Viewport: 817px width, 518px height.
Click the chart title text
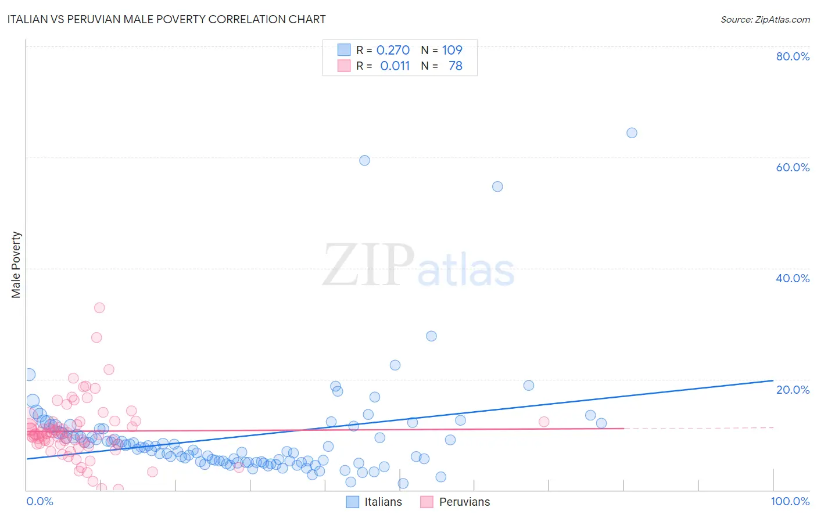click(x=166, y=19)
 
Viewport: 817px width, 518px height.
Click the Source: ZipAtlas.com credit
click(x=765, y=20)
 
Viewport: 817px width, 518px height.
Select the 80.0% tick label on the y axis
click(x=792, y=56)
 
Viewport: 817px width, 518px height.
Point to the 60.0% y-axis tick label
click(x=792, y=167)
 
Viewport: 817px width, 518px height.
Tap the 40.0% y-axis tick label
click(x=792, y=278)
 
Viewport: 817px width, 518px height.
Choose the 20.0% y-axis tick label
click(x=792, y=390)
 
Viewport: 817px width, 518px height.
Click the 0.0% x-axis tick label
click(x=40, y=501)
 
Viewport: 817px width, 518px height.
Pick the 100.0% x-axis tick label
click(x=790, y=501)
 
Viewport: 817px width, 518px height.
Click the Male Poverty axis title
click(x=16, y=265)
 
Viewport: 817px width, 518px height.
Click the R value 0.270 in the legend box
click(x=393, y=50)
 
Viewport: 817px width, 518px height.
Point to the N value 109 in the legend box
click(x=452, y=50)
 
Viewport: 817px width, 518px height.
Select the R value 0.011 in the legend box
click(x=395, y=66)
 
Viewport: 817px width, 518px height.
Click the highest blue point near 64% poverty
click(x=632, y=133)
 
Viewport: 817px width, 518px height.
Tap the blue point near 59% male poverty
click(x=364, y=160)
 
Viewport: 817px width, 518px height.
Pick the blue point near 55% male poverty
click(x=497, y=186)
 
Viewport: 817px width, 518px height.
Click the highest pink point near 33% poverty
click(x=99, y=308)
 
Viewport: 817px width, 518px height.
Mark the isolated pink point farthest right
click(x=544, y=422)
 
